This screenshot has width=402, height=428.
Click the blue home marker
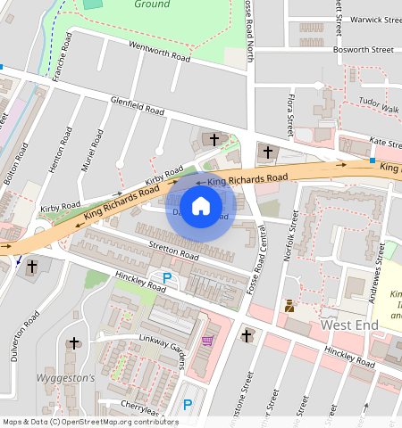point(201,207)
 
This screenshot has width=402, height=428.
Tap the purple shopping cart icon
point(208,340)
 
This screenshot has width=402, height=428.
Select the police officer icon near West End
point(289,306)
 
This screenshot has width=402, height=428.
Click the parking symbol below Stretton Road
point(166,278)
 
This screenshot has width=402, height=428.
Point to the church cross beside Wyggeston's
point(73,342)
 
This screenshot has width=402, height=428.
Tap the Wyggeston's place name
point(64,378)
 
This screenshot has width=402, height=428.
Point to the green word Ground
point(152,4)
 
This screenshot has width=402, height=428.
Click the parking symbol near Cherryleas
point(187,404)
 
